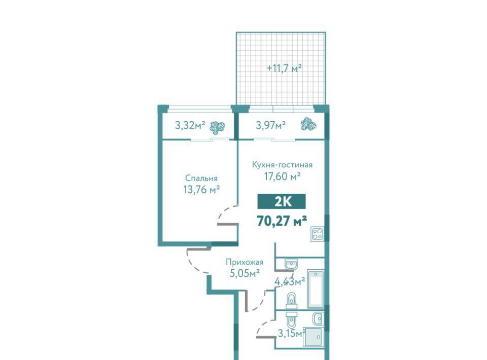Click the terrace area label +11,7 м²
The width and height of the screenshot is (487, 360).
coord(285,67)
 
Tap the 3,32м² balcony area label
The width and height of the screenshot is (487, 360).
coord(190,125)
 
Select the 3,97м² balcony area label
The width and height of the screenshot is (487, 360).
coord(270,125)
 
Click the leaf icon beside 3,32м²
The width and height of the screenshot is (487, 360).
coord(218,127)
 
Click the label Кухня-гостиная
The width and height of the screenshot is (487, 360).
coord(282,164)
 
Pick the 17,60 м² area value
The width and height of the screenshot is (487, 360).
coord(283,176)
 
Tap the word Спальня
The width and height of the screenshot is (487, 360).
coord(201,178)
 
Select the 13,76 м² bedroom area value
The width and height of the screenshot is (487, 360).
coord(201,189)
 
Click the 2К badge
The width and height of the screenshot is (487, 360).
coord(282,202)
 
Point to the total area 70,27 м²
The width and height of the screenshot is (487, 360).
coord(282,221)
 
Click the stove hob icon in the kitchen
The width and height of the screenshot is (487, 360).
coord(318,234)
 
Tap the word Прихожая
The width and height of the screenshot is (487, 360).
coord(245,262)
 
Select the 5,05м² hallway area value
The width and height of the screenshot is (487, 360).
coord(245,273)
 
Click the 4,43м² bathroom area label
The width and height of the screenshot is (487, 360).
coord(290,281)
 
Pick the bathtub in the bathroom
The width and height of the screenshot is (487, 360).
coord(316,289)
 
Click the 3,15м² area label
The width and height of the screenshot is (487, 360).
coord(291,334)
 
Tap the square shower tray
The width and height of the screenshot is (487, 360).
coord(313,337)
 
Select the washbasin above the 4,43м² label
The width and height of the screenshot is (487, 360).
coord(291,264)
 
